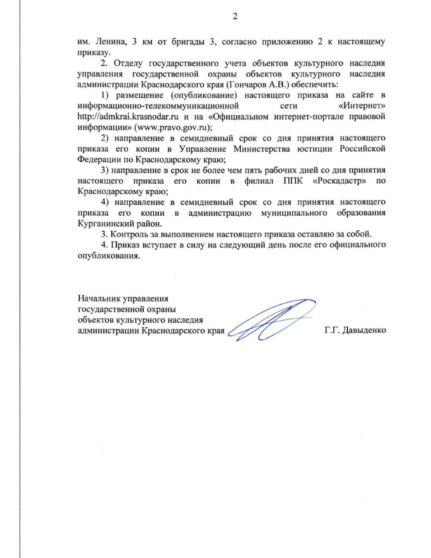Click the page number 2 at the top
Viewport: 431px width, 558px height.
[x=235, y=17]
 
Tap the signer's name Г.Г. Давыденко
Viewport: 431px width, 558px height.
[x=355, y=330]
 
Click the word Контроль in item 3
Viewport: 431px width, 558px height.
[x=128, y=234]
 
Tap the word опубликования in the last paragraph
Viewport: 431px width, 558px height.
[x=108, y=256]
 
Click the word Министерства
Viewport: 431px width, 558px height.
[x=261, y=149]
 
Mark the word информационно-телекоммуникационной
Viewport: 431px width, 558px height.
[x=158, y=106]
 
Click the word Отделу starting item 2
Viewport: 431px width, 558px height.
[x=128, y=63]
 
